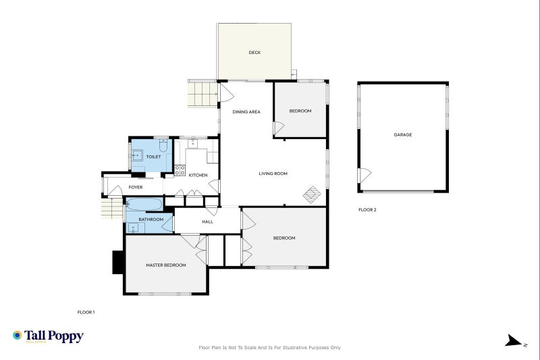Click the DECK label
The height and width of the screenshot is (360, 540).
coord(254,53)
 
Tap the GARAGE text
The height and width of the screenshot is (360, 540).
coord(403,134)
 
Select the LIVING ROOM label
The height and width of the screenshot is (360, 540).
coord(273,174)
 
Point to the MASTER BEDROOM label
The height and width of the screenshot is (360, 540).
coord(166,265)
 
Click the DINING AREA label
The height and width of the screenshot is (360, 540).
coord(246,111)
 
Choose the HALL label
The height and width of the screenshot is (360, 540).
coord(208,222)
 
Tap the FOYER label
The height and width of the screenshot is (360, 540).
coord(135,187)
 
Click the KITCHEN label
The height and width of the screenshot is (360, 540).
coord(198,176)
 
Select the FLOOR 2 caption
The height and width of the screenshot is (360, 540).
coord(367,210)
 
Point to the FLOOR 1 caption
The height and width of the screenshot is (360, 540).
coord(86,312)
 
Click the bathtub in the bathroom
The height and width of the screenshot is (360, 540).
coord(144,205)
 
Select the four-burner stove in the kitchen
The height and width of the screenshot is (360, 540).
coord(180,170)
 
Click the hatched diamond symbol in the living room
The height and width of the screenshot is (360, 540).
coord(311,195)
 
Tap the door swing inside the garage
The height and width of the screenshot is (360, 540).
coord(364,176)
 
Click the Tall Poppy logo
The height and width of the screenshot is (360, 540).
coord(48,336)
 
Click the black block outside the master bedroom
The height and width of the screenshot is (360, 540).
coord(117,262)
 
